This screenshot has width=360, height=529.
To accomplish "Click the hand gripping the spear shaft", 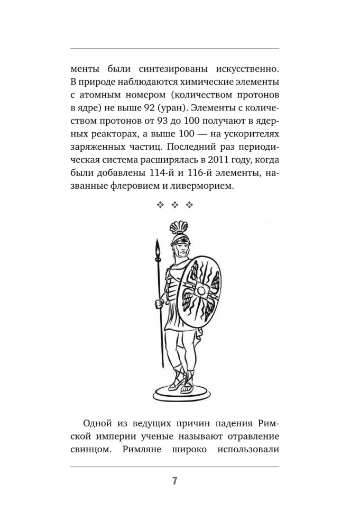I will pyautogui.click(x=158, y=304).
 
